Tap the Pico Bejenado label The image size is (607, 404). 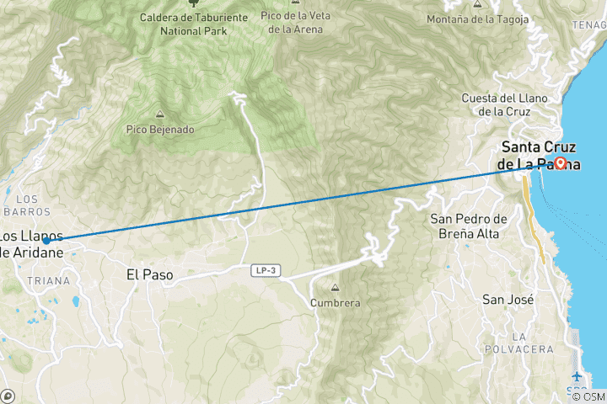(x=160, y=130)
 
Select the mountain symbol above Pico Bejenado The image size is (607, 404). (x=159, y=114)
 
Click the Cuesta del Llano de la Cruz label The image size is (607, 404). (x=504, y=104)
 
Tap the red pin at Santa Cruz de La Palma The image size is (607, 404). (x=560, y=162)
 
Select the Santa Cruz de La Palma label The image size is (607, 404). (x=540, y=153)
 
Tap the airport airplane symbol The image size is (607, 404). (x=577, y=376)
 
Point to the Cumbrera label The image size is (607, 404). (x=335, y=302)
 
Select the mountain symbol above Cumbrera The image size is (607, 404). (x=335, y=287)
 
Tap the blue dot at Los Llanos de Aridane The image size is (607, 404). (x=46, y=241)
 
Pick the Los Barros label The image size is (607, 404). (x=32, y=205)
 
